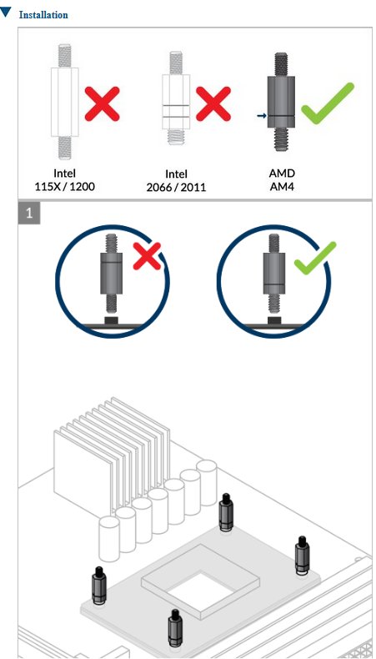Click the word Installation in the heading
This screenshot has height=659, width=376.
tap(43, 15)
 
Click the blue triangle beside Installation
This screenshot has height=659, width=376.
tap(6, 13)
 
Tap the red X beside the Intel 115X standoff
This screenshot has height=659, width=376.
tap(102, 103)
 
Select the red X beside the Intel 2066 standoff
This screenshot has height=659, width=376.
tap(213, 103)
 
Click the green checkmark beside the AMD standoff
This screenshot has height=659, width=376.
tap(328, 103)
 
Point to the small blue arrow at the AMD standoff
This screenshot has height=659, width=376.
tap(261, 115)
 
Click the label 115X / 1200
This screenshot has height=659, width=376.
tap(65, 186)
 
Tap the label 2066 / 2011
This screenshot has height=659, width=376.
tap(177, 187)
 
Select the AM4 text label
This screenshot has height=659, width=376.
tap(282, 186)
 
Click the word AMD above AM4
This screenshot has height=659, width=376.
tap(282, 173)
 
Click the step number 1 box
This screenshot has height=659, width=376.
tap(29, 214)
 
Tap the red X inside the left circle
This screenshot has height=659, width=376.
tap(147, 257)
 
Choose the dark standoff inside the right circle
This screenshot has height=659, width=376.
tap(274, 274)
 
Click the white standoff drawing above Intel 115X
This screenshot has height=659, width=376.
tap(65, 102)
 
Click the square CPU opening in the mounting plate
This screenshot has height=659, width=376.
tap(203, 589)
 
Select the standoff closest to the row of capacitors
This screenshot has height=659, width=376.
tap(226, 511)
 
